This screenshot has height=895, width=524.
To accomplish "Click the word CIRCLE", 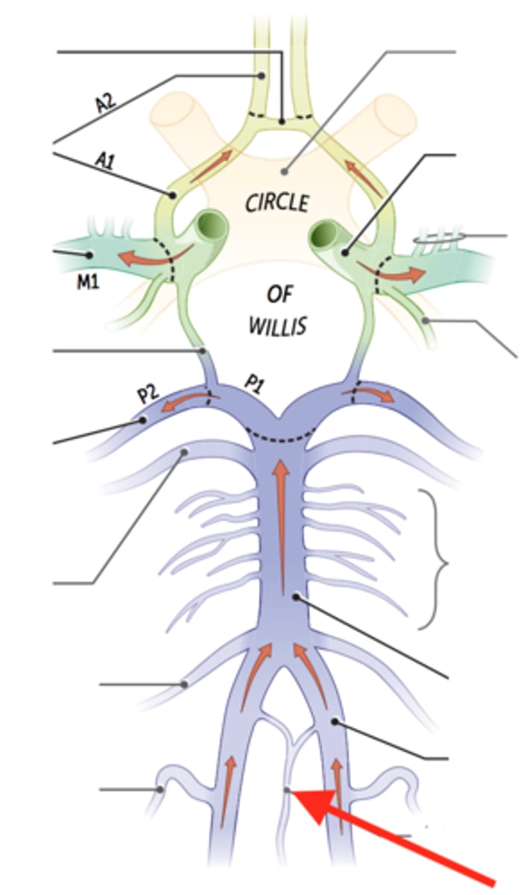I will coord(277,201).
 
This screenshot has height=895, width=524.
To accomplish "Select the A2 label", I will coord(105,102).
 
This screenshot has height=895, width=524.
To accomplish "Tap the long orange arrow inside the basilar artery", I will coord(281,522).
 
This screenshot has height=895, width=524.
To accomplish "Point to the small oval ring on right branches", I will coord(435,239).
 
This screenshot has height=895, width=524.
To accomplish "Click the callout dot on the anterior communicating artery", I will coord(282,119).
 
